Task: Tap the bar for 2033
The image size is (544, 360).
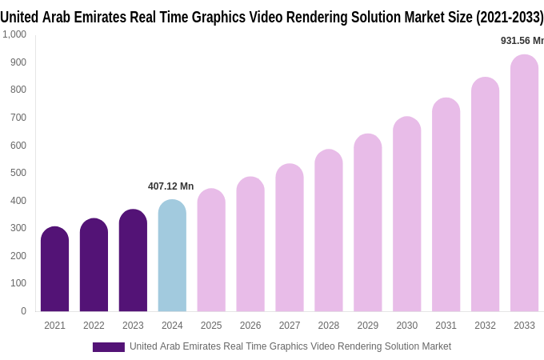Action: pos(524,184)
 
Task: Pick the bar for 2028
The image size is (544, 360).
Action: pos(328,231)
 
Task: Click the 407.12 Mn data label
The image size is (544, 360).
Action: pos(170,186)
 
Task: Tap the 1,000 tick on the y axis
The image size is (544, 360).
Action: pos(14,34)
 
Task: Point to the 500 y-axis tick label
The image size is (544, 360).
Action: pos(18,173)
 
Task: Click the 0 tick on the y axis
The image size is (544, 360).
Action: pos(23,311)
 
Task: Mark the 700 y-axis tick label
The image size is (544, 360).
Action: pos(18,118)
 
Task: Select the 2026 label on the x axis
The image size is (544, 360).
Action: pos(250,326)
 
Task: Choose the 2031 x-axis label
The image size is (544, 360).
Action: pos(446,326)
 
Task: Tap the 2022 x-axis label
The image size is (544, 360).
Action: pos(94,326)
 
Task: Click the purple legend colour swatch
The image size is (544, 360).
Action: pos(108,346)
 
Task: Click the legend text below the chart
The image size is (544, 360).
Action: pos(290,346)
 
